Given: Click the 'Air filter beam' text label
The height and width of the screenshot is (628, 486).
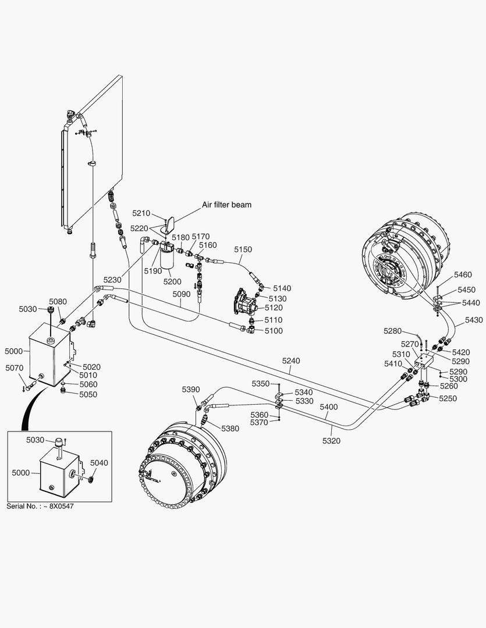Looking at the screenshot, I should click(x=226, y=205).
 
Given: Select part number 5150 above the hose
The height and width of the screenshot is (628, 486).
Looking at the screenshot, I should click(x=243, y=249).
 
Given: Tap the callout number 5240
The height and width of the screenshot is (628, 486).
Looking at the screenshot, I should click(x=292, y=361).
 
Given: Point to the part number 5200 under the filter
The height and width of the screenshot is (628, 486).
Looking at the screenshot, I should click(x=172, y=281).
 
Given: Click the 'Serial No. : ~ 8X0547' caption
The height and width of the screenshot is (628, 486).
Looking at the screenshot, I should click(x=40, y=506).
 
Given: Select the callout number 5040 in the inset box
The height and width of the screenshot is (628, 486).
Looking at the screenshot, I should click(x=100, y=462).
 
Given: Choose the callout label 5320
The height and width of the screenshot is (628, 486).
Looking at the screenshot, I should click(x=331, y=441).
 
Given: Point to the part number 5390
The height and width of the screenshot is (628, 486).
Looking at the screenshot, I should click(x=191, y=389).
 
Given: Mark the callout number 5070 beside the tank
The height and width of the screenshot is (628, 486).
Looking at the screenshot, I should click(x=15, y=367).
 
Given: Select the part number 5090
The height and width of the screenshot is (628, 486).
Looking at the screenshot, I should click(x=182, y=295).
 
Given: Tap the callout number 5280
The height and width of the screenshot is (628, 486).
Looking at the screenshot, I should click(x=393, y=331).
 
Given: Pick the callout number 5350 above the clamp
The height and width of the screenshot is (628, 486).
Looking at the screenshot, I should click(x=261, y=384).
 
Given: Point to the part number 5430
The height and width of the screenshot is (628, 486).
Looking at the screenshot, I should click(x=474, y=320).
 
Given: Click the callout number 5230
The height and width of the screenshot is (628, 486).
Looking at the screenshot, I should click(x=112, y=280).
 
